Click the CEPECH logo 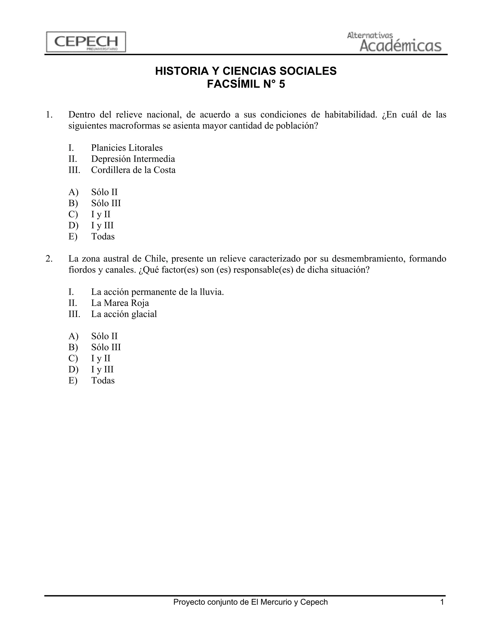click(86, 42)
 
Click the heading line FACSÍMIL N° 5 click(246, 84)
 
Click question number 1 click(49, 115)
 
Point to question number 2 click(49, 258)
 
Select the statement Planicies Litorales click(127, 148)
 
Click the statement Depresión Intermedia click(133, 159)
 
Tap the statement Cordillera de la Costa click(133, 170)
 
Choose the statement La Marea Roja click(120, 303)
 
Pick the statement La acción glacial click(124, 314)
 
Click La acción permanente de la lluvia click(157, 292)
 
